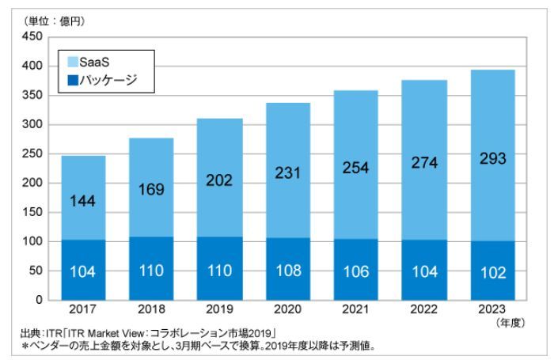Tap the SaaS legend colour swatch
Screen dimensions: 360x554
pyautogui.click(x=72, y=61)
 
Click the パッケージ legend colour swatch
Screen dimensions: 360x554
pyautogui.click(x=72, y=79)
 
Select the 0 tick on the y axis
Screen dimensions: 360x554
pyautogui.click(x=37, y=300)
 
